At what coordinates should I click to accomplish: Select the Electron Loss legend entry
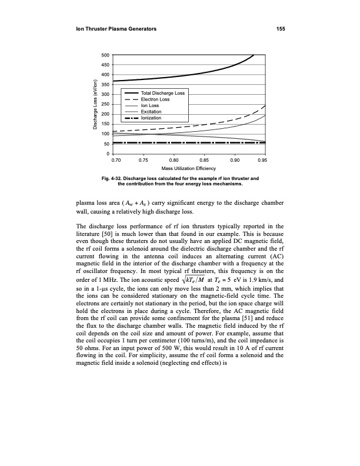tap(156, 100)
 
